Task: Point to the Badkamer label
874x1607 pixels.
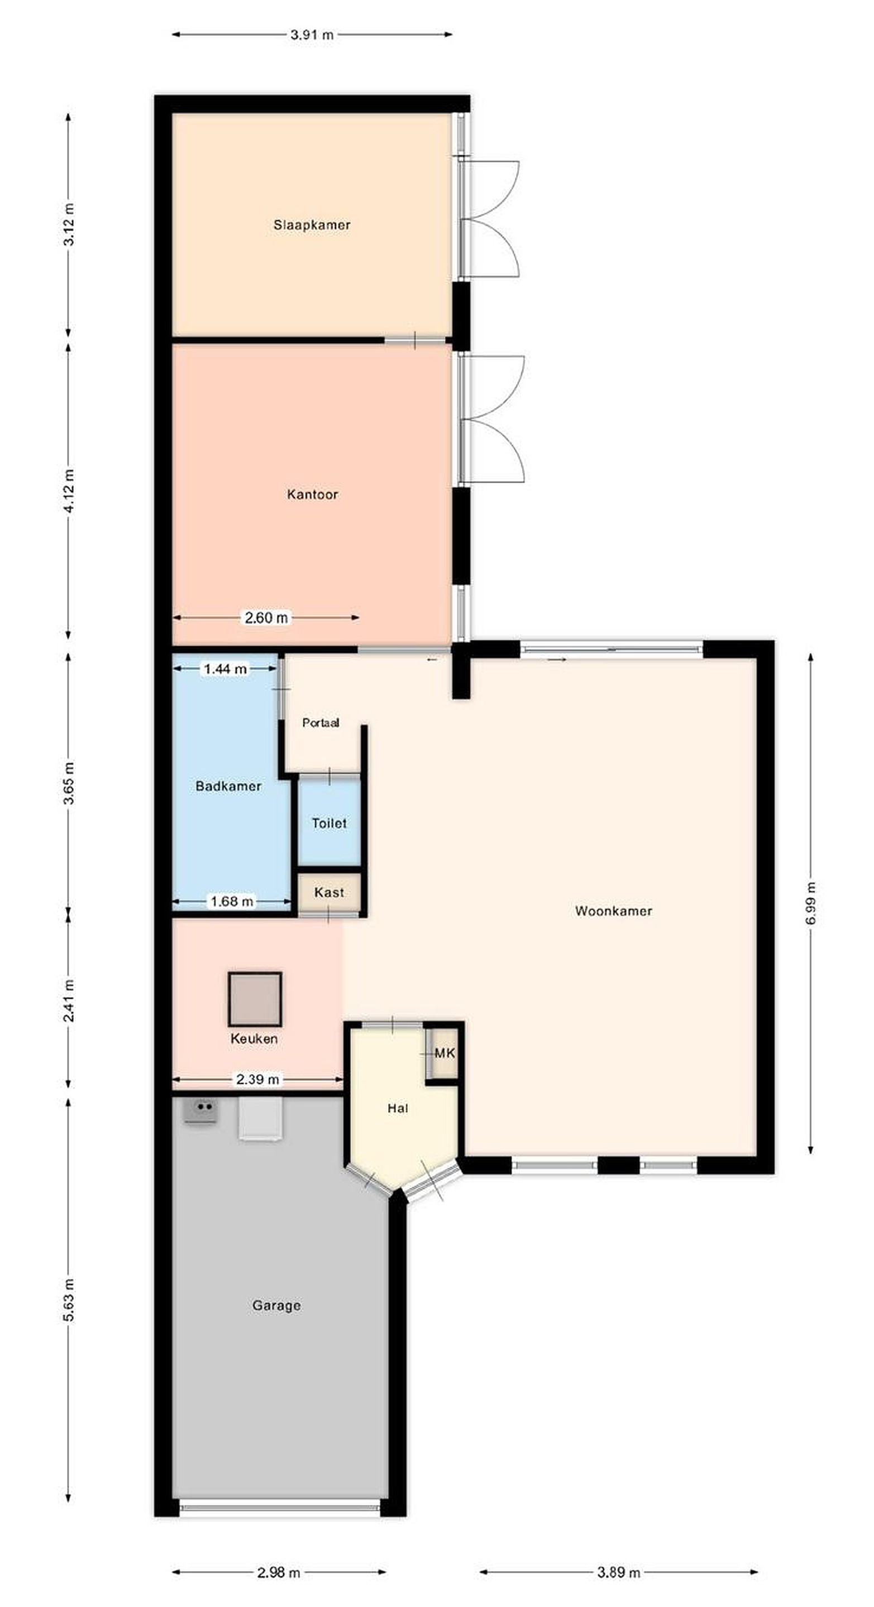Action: (x=228, y=786)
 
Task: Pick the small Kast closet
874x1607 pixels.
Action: (x=329, y=892)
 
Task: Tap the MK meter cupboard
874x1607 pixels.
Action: (x=445, y=1053)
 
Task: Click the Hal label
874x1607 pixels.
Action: (x=398, y=1108)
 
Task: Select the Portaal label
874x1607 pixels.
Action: (x=321, y=723)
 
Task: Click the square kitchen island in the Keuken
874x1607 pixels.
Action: (x=255, y=999)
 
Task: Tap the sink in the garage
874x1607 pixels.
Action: (x=200, y=1110)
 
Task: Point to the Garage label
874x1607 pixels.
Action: (x=276, y=1305)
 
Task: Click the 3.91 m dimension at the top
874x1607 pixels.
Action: (x=312, y=35)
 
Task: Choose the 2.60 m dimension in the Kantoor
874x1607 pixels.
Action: (x=266, y=618)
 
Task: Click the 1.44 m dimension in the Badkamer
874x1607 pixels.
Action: (x=226, y=669)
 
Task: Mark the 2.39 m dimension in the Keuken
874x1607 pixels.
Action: (x=257, y=1079)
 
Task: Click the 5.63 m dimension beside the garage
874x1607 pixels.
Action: (x=69, y=1299)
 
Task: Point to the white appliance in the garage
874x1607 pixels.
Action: (x=260, y=1119)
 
